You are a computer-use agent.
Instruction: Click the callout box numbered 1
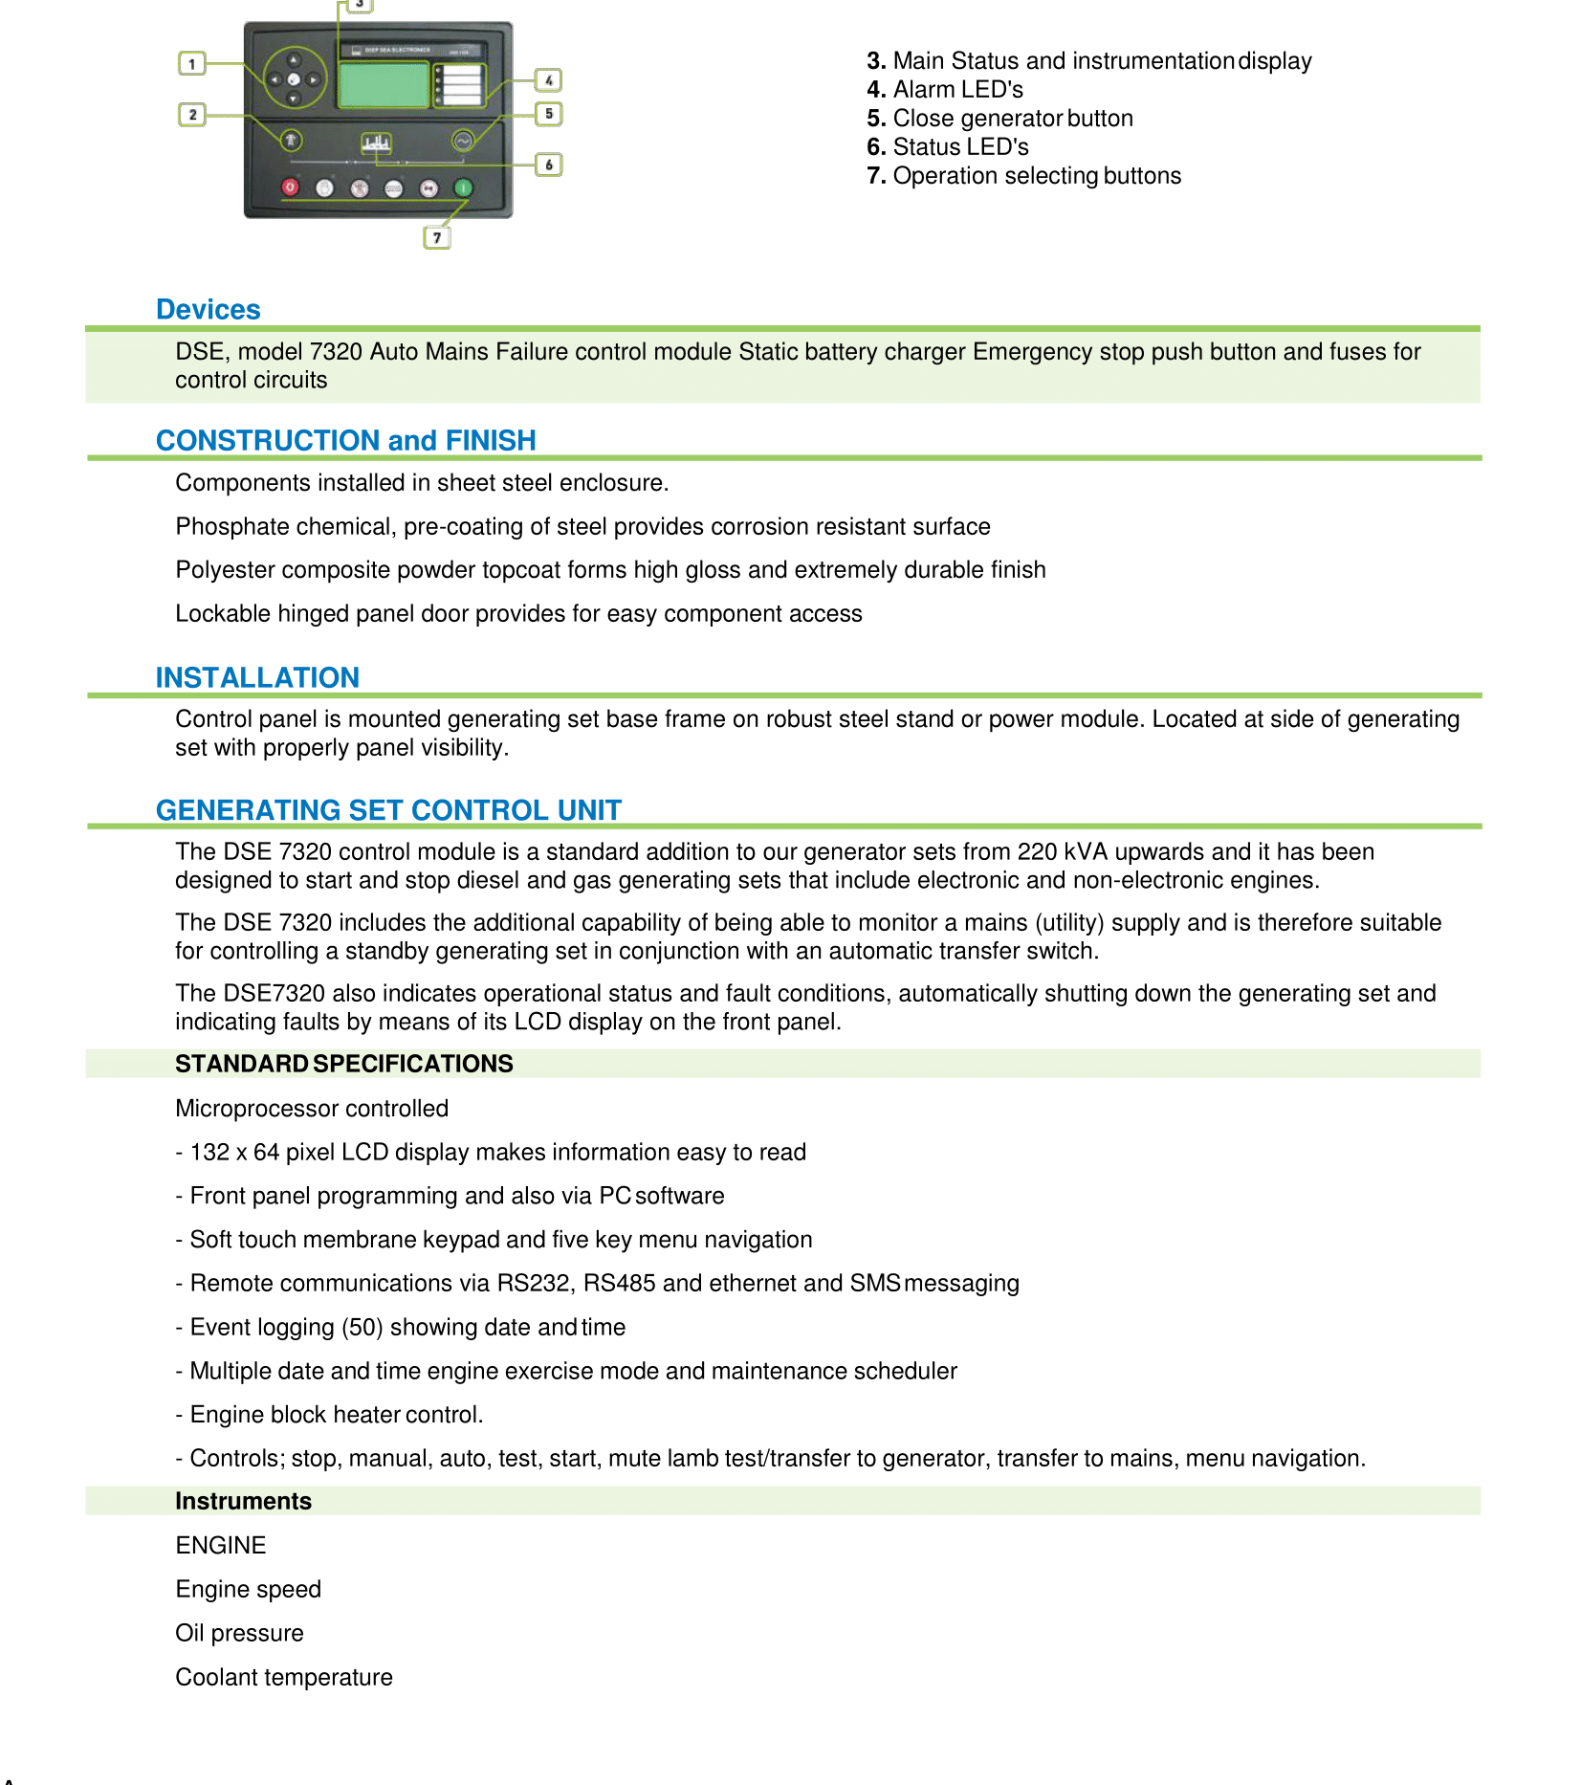point(192,64)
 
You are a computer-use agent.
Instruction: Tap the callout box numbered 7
point(437,237)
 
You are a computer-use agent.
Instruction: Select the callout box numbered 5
point(549,114)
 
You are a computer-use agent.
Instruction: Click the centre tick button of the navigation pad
point(294,80)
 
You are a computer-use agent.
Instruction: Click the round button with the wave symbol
point(463,142)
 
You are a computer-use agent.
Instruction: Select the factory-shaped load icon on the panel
point(376,143)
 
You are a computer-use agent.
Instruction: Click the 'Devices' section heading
point(208,310)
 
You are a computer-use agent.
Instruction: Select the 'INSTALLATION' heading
point(257,677)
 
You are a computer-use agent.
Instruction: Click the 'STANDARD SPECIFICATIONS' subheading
point(343,1064)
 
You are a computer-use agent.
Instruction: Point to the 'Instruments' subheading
point(243,1501)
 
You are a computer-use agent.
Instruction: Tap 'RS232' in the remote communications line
point(532,1283)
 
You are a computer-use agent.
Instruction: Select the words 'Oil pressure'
point(239,1633)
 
